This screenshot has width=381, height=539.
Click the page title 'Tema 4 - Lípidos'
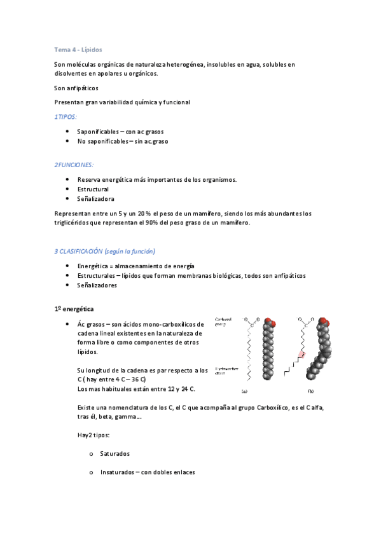[x=78, y=49]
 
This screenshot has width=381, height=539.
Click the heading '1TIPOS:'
[x=66, y=117]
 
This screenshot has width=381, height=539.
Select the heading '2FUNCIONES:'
[x=74, y=165]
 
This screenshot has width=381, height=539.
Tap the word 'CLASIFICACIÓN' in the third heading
[x=87, y=251]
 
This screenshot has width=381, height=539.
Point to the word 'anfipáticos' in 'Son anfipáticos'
[x=83, y=88]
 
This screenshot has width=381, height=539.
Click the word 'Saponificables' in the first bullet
[x=98, y=131]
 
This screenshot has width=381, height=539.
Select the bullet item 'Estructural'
[x=93, y=189]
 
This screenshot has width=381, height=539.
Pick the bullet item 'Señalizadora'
[x=96, y=199]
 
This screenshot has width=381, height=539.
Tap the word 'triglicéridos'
[x=76, y=223]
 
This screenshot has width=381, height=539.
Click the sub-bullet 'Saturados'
[x=114, y=454]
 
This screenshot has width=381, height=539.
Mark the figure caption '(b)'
[x=311, y=392]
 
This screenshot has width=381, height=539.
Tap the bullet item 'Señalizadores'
[x=97, y=285]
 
